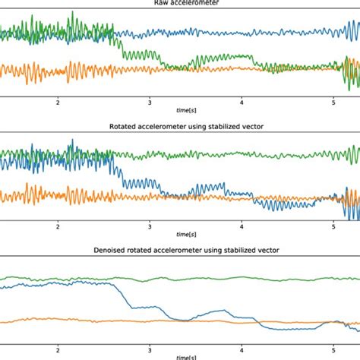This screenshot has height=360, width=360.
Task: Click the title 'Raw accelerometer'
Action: click(180, 3)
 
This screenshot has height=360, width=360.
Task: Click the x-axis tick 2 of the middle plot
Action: click(58, 226)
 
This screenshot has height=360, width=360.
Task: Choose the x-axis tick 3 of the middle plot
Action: click(150, 226)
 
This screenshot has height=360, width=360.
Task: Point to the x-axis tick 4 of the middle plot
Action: click(242, 226)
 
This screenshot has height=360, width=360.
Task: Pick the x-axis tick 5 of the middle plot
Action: click(333, 226)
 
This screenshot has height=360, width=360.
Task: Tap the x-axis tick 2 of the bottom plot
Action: click(58, 350)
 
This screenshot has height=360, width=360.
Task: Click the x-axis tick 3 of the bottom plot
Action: click(150, 350)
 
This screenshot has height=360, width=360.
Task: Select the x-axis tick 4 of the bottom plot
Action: click(242, 350)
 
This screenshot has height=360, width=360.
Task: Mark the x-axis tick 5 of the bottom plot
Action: click(333, 350)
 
